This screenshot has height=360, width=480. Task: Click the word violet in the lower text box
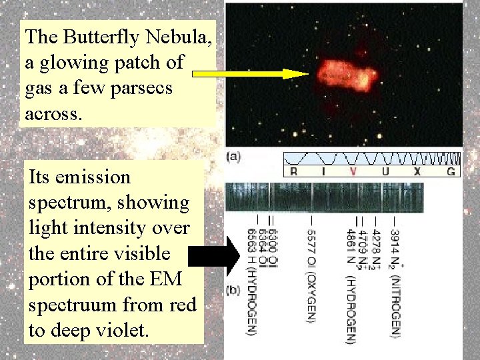click(x=119, y=330)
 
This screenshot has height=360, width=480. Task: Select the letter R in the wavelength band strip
click(x=293, y=171)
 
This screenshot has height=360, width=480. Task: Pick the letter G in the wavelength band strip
click(x=451, y=171)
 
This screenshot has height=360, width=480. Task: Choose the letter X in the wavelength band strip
click(x=417, y=171)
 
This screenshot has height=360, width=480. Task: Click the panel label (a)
click(x=234, y=157)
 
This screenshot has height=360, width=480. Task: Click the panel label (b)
click(x=234, y=291)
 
